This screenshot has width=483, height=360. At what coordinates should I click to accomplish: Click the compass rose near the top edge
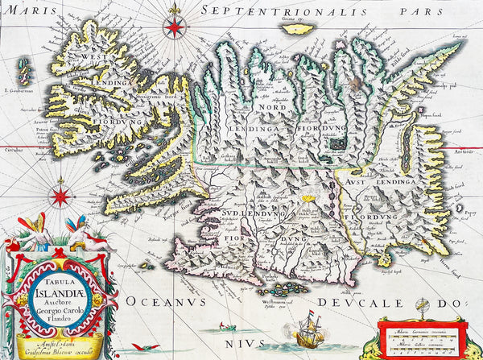pos(173,27)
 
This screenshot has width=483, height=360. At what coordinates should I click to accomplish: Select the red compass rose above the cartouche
pos(60,196)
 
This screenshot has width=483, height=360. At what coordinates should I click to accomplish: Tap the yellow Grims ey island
pos(299,28)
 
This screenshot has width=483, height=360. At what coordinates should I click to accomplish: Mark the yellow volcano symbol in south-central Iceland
pos(307,196)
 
